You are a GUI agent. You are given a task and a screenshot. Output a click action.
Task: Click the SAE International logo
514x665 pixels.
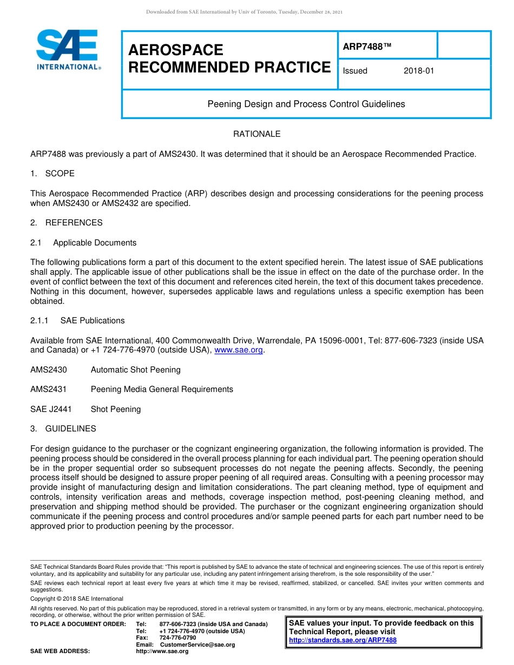pos(68,50)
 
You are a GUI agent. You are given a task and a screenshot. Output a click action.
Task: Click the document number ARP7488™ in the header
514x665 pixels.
pos(366,46)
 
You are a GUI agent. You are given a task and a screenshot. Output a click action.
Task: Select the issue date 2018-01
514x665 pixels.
pos(419,71)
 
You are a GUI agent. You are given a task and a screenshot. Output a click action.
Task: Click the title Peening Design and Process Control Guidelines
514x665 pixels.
pos(306,104)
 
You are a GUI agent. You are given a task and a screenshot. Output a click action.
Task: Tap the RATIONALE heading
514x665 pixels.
pos(256,134)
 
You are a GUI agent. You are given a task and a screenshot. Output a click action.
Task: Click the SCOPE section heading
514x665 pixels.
pos(60,174)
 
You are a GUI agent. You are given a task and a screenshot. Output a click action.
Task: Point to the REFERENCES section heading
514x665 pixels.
pos(74,223)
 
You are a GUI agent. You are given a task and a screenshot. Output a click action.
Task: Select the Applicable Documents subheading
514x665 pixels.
pos(95,243)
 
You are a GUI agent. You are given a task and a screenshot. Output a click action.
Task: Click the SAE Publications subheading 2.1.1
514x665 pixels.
pos(93,321)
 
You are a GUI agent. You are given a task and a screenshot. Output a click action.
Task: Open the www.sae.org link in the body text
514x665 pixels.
pos(239,350)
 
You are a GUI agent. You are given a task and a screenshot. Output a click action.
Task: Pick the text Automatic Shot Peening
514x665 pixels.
pos(135,370)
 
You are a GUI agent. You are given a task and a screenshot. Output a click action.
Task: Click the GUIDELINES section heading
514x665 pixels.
pos(70,429)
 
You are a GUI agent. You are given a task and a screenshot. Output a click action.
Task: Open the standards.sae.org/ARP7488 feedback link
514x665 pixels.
pos(342,640)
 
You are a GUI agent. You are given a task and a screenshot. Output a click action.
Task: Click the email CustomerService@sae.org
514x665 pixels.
pos(197,644)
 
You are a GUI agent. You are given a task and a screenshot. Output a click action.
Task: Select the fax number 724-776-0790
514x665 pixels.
pos(177,638)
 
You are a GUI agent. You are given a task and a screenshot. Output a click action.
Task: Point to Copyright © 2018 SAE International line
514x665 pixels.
pos(77,598)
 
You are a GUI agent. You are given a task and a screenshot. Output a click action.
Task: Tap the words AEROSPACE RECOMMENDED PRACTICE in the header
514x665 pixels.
pos(229,58)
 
